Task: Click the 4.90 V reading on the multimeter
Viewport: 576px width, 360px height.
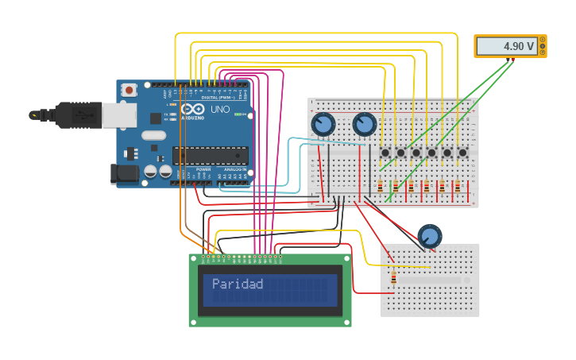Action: coord(518,47)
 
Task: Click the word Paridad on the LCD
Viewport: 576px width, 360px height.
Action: coord(237,284)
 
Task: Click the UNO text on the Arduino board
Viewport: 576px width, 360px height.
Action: coord(219,109)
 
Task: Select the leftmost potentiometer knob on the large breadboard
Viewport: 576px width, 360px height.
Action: coord(323,124)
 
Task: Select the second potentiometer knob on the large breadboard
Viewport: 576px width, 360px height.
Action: coord(364,124)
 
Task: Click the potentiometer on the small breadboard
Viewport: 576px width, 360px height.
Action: coord(429,236)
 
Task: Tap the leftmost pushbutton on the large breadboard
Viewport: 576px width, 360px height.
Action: coord(385,152)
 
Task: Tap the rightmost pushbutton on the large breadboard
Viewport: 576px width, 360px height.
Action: coord(462,152)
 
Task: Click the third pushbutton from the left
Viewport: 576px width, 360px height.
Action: coord(416,152)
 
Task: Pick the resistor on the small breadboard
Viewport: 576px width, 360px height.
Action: coord(393,277)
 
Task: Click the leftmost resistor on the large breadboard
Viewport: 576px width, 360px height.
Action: coord(380,187)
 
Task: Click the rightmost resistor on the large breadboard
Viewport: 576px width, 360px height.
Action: coord(457,187)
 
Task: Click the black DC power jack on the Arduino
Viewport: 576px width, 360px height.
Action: coord(122,172)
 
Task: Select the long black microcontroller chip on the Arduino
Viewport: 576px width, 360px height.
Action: coord(210,155)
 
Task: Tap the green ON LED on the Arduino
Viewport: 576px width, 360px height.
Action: coord(238,114)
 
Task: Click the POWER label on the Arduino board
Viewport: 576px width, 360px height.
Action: coord(203,169)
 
